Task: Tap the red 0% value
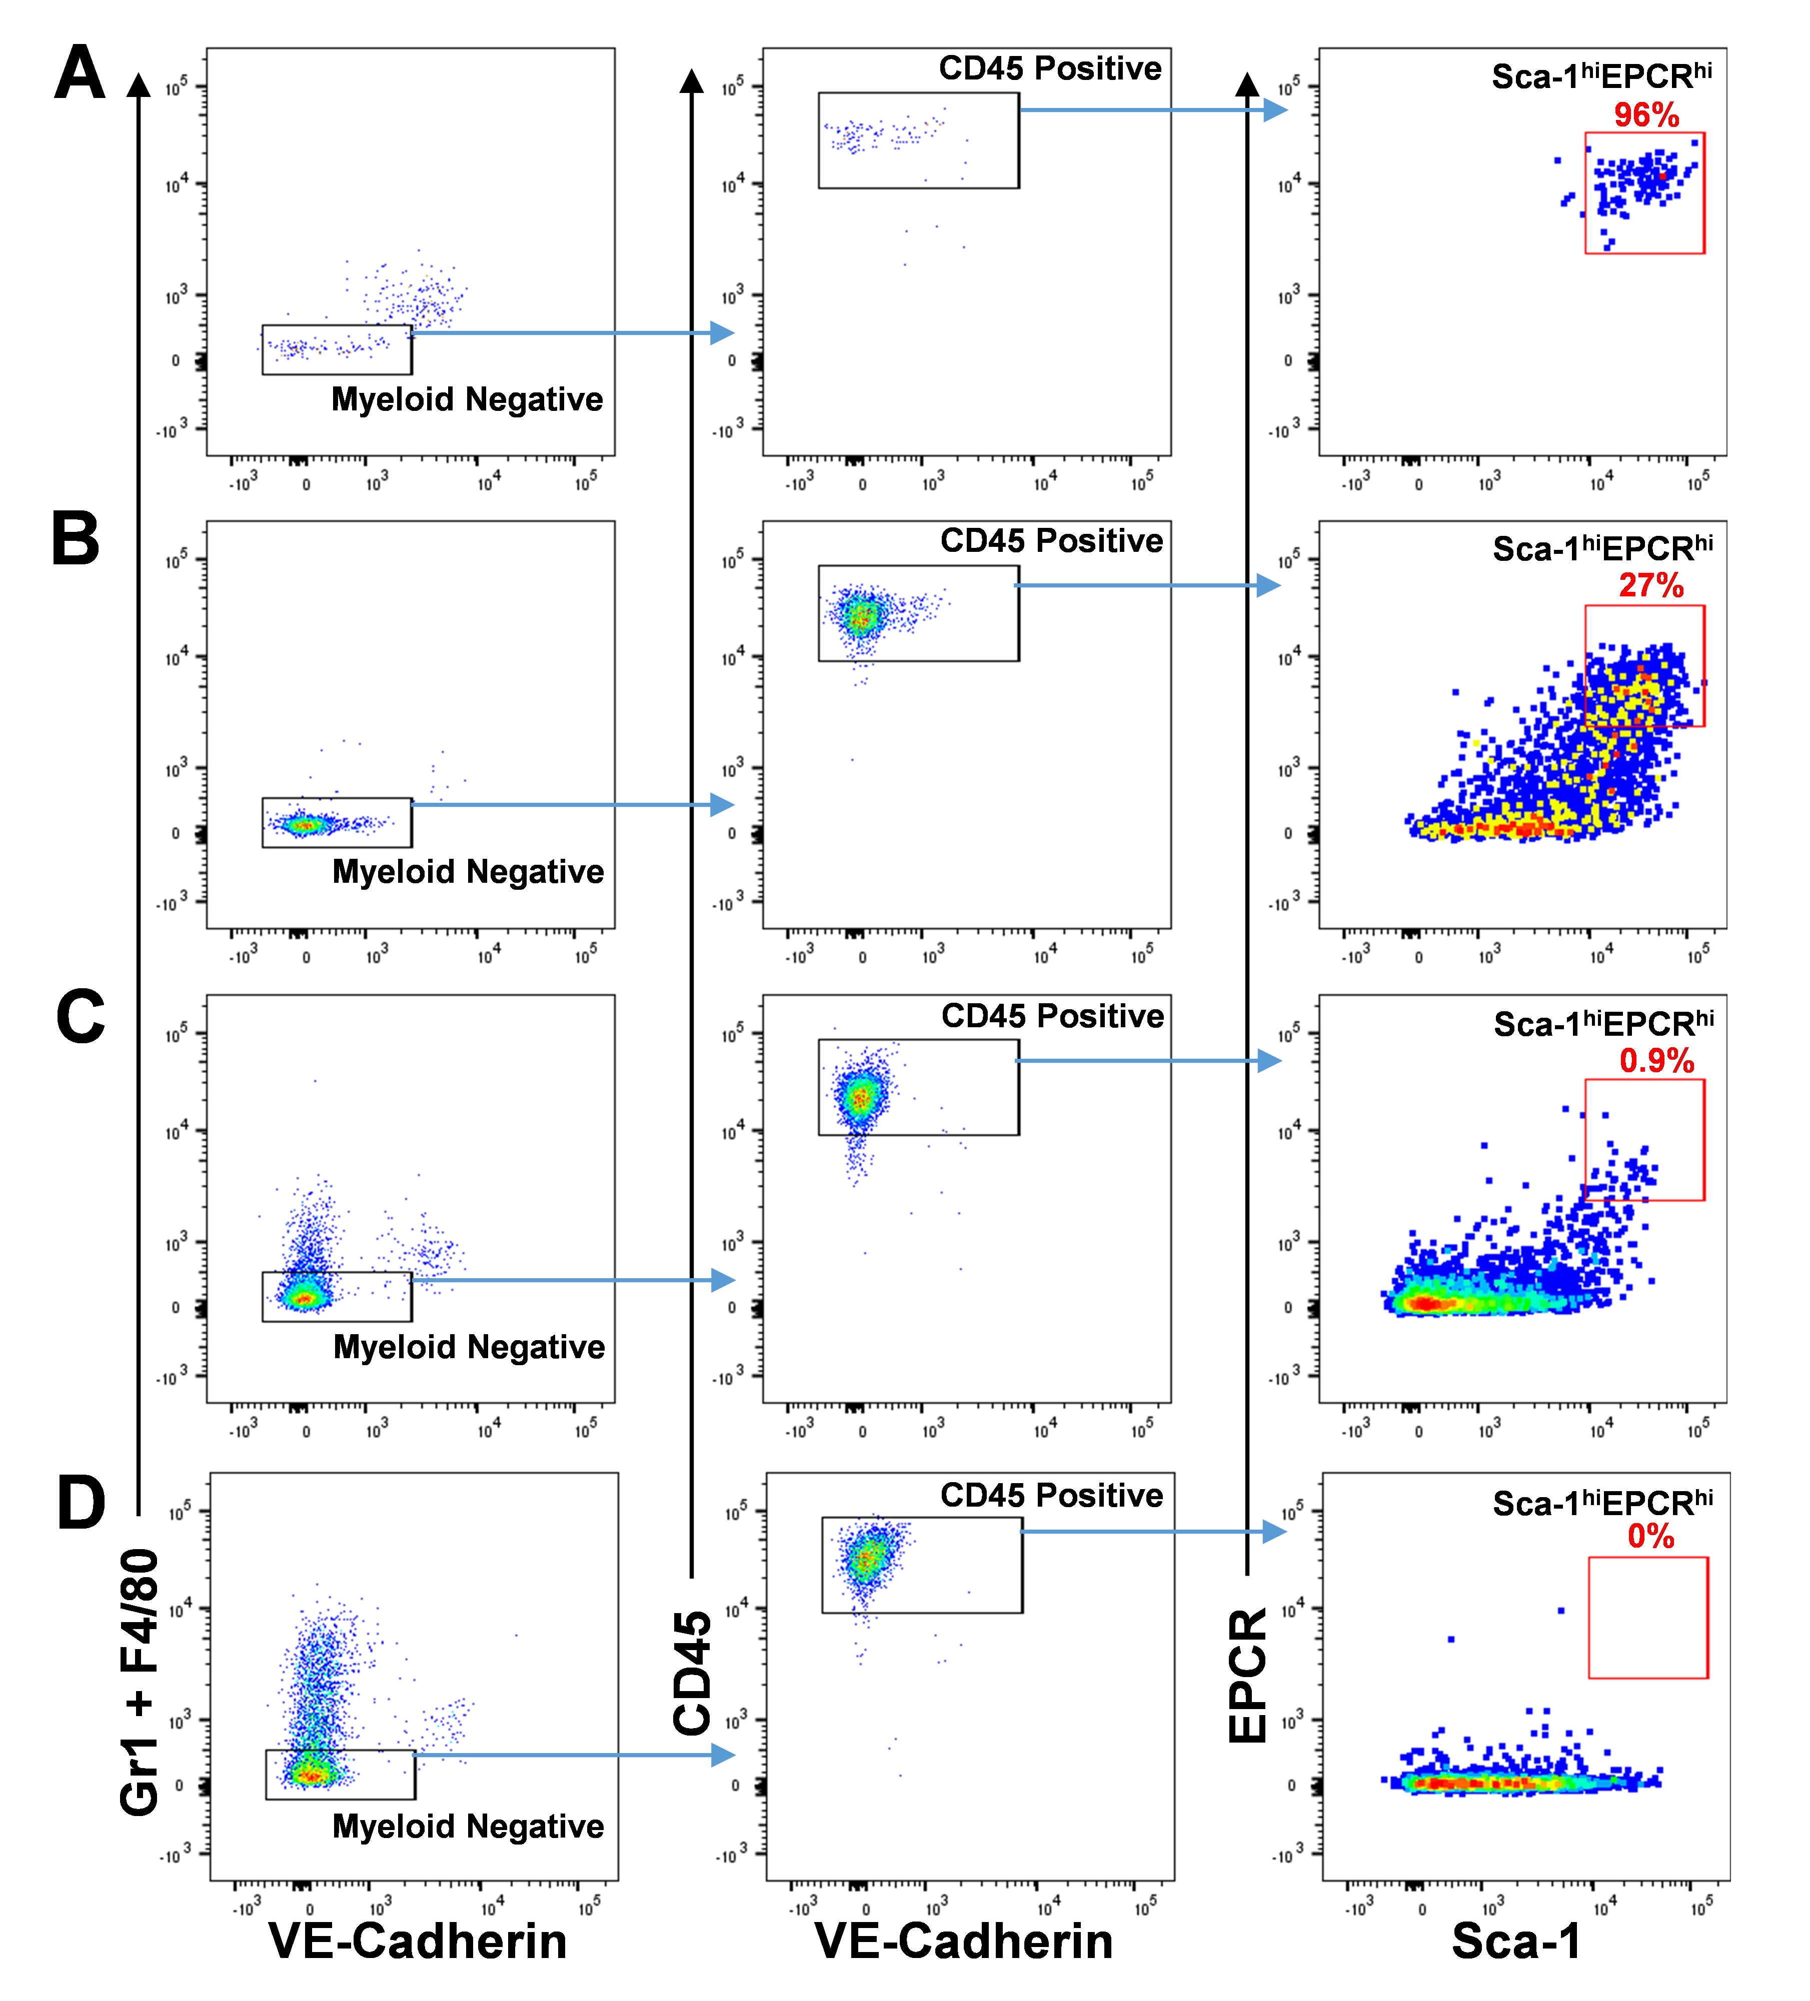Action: pos(1650,1537)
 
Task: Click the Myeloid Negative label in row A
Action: pos(467,399)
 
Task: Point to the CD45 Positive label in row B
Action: pos(1051,541)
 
